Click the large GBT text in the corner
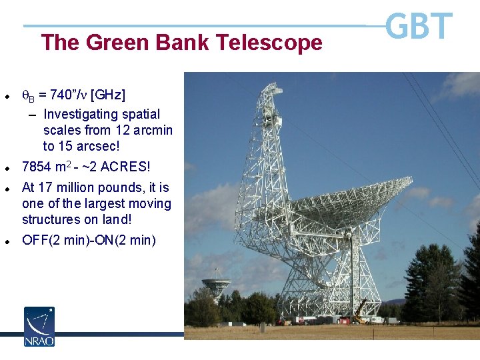(419, 27)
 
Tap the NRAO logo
(39, 326)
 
